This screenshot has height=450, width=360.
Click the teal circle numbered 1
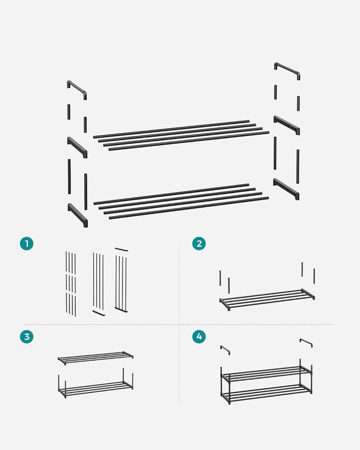(27, 244)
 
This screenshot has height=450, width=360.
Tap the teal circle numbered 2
(199, 244)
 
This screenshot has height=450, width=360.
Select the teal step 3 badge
(27, 337)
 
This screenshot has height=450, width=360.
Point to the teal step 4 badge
(199, 337)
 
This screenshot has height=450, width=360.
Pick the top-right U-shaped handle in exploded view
(287, 69)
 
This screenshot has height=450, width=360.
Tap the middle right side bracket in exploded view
(286, 124)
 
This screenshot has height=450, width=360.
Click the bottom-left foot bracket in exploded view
(78, 214)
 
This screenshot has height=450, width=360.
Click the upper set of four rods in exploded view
(181, 135)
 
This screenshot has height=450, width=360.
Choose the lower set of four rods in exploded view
(181, 201)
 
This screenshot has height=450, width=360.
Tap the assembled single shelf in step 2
(267, 299)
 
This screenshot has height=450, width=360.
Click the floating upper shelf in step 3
(96, 357)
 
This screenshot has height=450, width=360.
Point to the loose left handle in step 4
(225, 349)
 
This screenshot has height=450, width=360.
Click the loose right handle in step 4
(306, 341)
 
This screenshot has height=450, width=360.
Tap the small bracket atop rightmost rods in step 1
(121, 249)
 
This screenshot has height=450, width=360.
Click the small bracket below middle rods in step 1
(99, 312)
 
